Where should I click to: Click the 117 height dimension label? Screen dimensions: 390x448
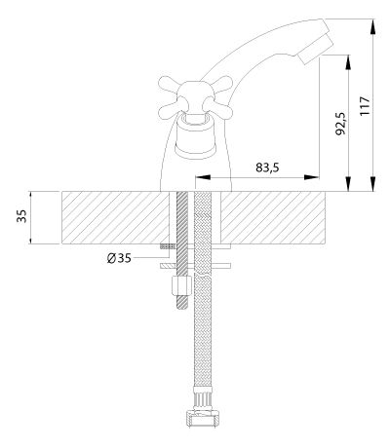tap(365, 106)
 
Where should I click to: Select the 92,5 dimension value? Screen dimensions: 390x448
tap(340, 124)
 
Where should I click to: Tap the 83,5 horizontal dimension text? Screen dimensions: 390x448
tap(267, 168)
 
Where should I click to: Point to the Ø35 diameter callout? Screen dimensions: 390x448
tap(119, 258)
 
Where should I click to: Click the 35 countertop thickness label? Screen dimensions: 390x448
tap(21, 216)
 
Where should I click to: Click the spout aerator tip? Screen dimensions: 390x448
tap(315, 50)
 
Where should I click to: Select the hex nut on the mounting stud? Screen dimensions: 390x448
tap(182, 285)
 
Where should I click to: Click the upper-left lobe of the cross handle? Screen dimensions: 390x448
tap(170, 85)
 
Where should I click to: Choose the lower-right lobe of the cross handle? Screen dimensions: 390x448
tap(218, 109)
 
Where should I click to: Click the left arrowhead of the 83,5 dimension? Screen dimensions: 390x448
tap(202, 177)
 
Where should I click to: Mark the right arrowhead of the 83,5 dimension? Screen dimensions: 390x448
tap(311, 177)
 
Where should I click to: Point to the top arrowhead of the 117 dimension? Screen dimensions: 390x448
tap(373, 26)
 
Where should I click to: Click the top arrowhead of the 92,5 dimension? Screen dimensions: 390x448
tap(348, 62)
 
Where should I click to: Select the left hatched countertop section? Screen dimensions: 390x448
tap(115, 217)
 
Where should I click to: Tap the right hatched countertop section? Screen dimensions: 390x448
tap(272, 217)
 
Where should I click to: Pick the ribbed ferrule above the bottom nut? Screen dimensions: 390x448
tap(203, 397)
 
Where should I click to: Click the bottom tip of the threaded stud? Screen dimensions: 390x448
tap(182, 308)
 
